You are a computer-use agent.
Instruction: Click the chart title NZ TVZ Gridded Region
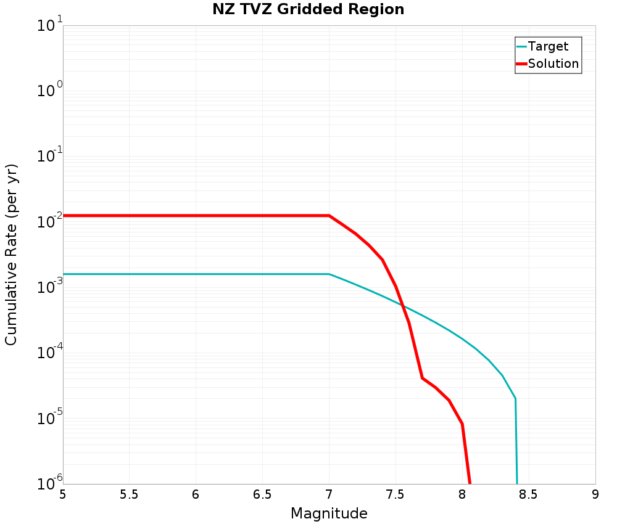tap(308, 10)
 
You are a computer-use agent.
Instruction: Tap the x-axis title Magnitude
tap(329, 513)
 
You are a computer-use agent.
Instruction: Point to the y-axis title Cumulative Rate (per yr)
tap(12, 255)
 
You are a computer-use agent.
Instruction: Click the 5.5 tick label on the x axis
tap(130, 494)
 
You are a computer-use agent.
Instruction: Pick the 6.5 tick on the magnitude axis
tap(262, 494)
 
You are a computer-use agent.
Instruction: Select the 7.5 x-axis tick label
tap(395, 494)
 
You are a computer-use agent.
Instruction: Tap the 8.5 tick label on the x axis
tap(529, 494)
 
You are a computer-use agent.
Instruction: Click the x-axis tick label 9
tap(595, 494)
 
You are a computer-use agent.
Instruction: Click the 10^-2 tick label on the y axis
tap(49, 221)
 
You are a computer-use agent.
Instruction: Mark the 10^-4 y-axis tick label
tap(49, 352)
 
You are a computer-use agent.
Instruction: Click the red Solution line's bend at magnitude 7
tap(329, 216)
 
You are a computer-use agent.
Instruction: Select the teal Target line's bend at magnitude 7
tap(329, 274)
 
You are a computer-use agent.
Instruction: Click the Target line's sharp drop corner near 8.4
tap(515, 399)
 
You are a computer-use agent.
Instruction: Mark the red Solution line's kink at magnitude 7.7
tap(422, 378)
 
